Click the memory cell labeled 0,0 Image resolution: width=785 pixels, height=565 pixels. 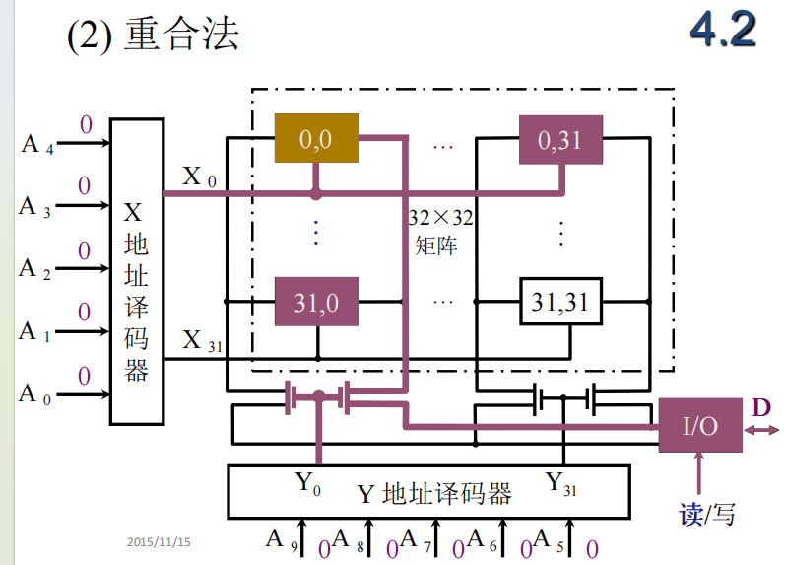[316, 139]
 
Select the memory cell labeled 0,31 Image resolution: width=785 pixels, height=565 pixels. [559, 140]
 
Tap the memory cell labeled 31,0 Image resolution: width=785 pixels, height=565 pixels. [316, 302]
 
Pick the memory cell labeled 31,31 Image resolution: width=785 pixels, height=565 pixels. [559, 302]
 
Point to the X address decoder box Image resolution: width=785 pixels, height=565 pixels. [136, 271]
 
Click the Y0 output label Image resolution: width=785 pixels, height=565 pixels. [308, 484]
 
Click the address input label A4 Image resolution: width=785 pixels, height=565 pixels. [35, 145]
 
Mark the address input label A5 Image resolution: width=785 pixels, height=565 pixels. [548, 539]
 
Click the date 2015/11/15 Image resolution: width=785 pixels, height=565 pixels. [159, 541]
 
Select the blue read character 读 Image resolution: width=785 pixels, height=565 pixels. [690, 514]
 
